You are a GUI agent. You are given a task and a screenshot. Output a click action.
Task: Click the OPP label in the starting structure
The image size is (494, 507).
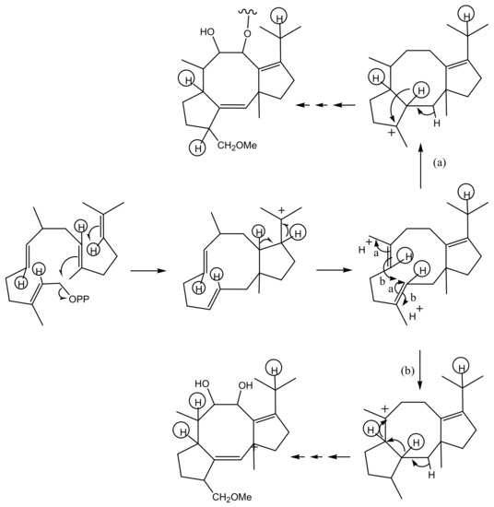(79, 299)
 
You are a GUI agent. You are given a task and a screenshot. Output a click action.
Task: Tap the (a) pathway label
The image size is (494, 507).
(439, 163)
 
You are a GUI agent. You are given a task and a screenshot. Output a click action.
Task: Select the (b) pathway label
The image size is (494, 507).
(407, 371)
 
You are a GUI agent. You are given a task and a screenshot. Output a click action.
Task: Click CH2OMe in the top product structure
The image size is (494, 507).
(237, 146)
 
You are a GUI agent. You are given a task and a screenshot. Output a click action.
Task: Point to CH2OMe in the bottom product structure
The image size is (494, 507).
(232, 497)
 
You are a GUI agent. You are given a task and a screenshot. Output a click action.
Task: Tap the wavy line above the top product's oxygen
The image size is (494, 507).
(248, 13)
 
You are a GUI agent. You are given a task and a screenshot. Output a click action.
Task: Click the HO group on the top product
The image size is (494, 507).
(207, 32)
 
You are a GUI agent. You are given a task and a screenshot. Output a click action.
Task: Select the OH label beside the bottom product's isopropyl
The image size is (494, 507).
(245, 385)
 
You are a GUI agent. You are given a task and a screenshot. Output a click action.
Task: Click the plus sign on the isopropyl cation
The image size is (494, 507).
(282, 210)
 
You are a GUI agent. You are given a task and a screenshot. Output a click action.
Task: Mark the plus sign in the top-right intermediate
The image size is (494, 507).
(392, 133)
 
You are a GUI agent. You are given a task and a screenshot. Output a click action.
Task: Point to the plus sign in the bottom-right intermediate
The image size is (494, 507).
(385, 408)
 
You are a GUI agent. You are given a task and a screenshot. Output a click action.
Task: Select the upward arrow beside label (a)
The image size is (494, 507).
(420, 167)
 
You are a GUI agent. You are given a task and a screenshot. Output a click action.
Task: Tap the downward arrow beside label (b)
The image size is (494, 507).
(420, 370)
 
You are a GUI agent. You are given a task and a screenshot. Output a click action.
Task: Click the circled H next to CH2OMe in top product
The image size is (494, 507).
(197, 148)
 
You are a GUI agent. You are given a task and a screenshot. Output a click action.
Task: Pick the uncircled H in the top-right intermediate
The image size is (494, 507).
(437, 124)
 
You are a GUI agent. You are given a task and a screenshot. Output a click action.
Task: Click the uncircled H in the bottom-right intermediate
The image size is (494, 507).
(431, 475)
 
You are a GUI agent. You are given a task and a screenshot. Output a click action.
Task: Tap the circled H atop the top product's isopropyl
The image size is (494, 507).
(279, 18)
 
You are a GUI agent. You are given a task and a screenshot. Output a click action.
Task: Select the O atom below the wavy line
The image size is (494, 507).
(247, 33)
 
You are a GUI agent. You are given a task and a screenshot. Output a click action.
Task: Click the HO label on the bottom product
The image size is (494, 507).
(203, 383)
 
